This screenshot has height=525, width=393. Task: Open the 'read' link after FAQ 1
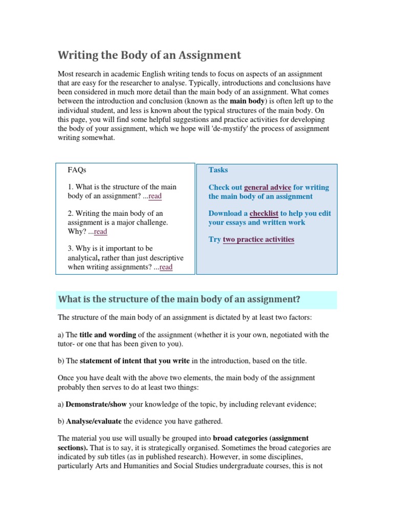(155, 196)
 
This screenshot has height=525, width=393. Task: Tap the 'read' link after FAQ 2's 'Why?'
(100, 232)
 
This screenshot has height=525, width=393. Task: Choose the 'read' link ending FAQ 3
(166, 267)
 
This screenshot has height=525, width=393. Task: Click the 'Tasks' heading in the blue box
(218, 170)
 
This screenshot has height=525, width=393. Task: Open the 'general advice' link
(268, 188)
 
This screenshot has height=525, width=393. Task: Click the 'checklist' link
(264, 214)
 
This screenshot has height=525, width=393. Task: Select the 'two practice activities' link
(258, 239)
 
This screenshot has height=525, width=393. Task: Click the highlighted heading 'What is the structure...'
(179, 299)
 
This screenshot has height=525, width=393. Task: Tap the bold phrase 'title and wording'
(108, 335)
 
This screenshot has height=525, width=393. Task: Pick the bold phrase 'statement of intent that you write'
(135, 361)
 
